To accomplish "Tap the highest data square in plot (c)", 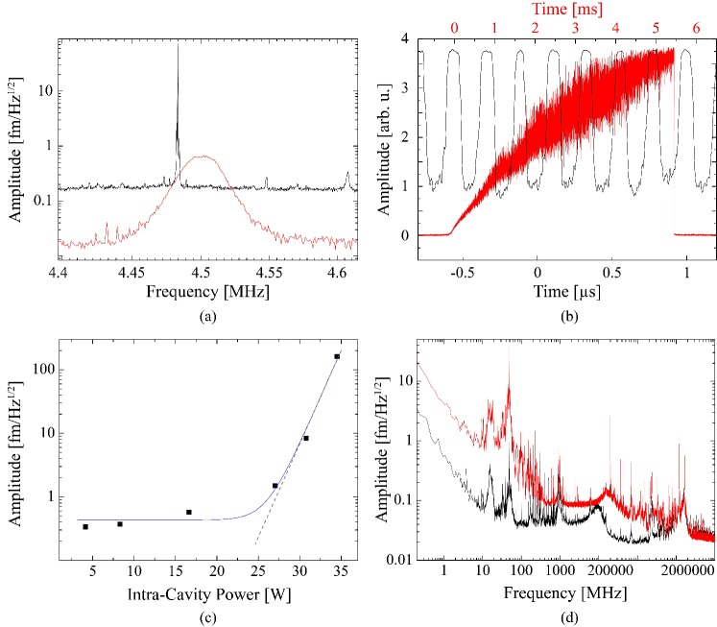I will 337,356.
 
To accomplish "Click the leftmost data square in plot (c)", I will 85,526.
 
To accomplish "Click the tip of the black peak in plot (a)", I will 178,43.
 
